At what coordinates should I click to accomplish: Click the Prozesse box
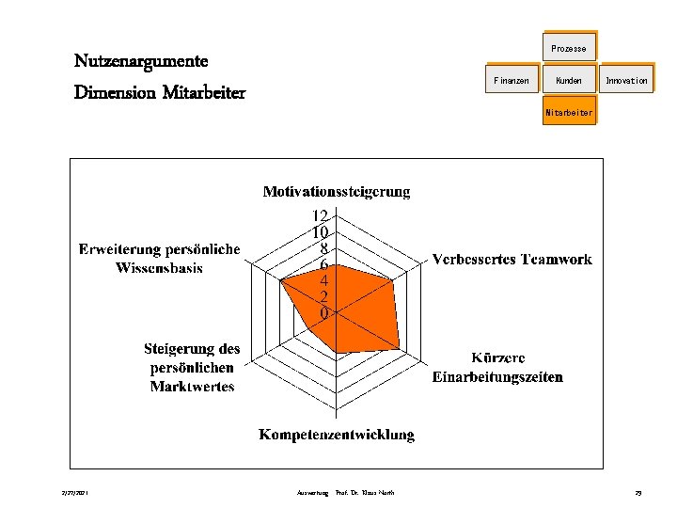[x=568, y=48]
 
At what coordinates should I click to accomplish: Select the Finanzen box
[x=512, y=81]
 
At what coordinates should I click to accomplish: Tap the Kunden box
[x=568, y=81]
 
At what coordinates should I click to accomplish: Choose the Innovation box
[x=626, y=81]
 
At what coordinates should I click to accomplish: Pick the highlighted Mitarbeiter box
[x=568, y=113]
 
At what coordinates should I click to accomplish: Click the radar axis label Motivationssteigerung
[x=336, y=192]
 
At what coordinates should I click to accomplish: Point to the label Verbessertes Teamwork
[x=512, y=259]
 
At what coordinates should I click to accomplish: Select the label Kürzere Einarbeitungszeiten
[x=497, y=368]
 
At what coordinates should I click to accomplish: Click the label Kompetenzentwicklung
[x=337, y=435]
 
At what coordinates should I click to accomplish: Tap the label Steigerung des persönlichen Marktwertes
[x=192, y=368]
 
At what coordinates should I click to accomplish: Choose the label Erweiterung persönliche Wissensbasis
[x=160, y=259]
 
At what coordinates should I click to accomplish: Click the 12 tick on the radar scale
[x=321, y=215]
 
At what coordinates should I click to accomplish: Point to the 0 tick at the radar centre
[x=324, y=312]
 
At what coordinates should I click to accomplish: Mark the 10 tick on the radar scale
[x=321, y=231]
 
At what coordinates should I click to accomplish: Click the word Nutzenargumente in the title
[x=141, y=61]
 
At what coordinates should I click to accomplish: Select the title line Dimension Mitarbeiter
[x=160, y=92]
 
